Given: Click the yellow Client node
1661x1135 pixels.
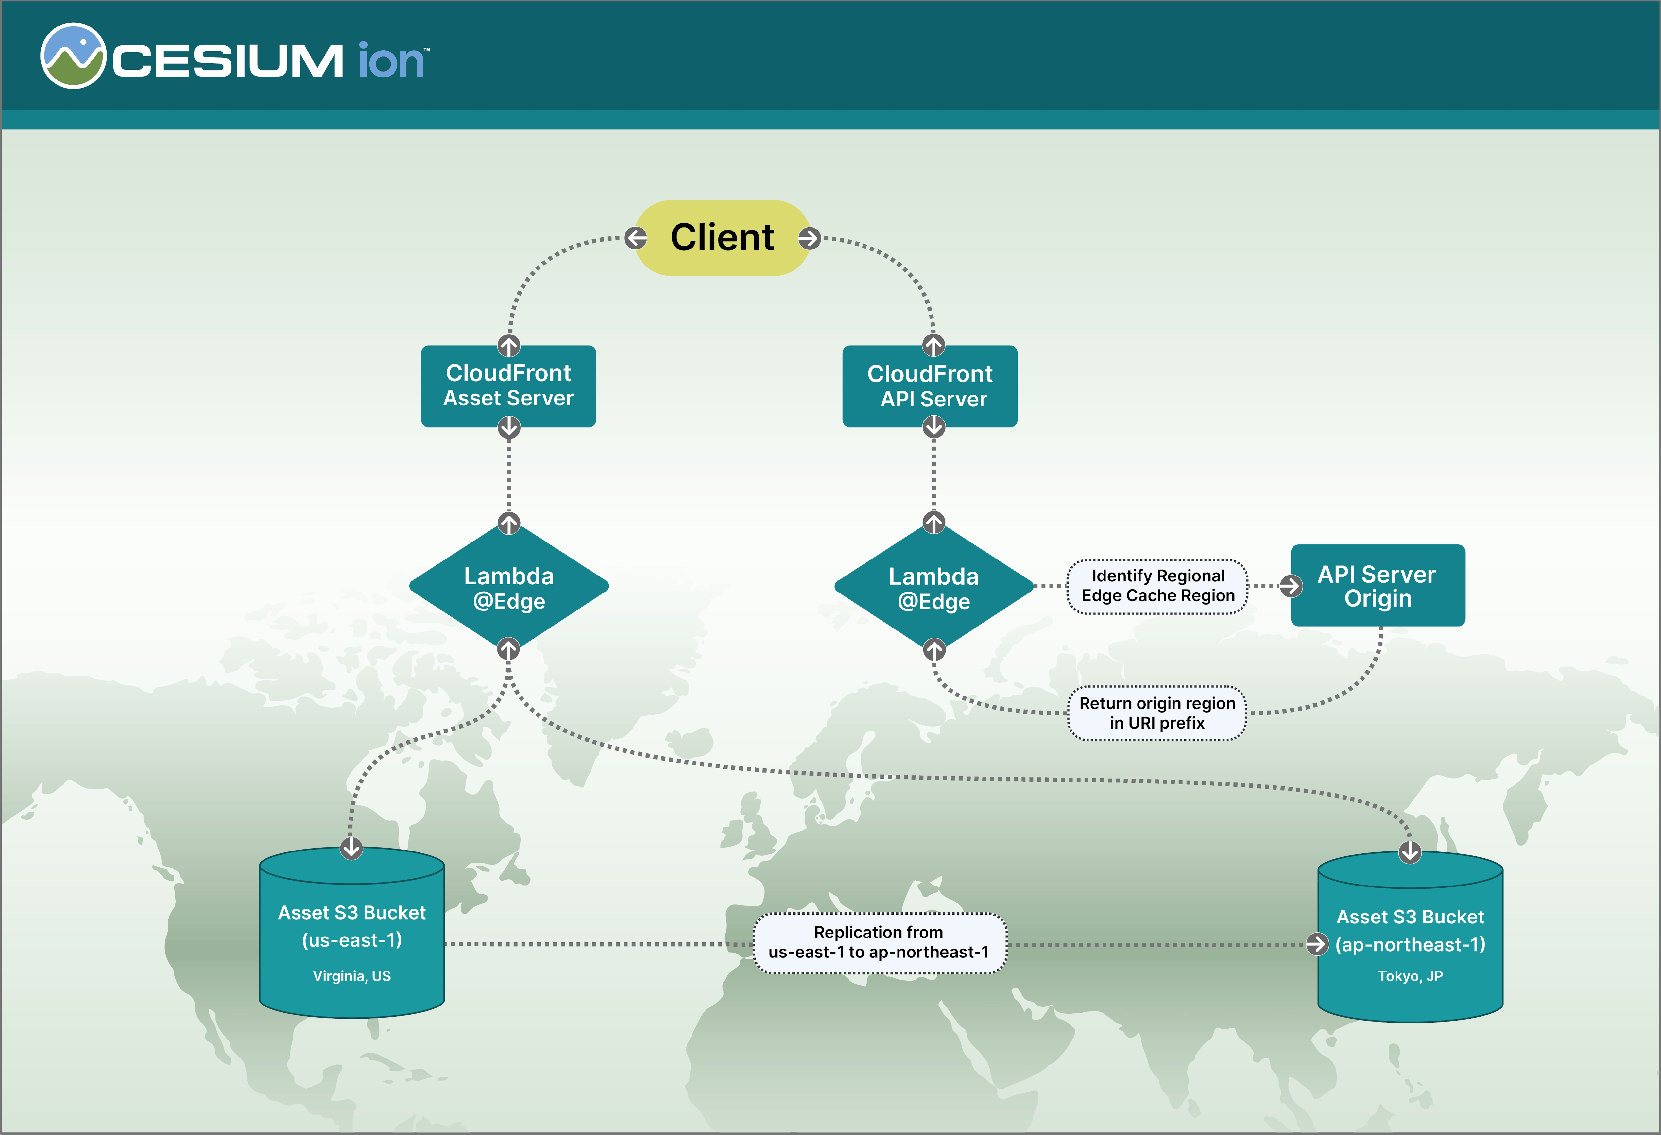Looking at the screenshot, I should (x=722, y=238).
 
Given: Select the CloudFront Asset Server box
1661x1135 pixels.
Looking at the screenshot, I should (x=508, y=386).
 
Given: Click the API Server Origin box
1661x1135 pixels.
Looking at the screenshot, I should (x=1377, y=585).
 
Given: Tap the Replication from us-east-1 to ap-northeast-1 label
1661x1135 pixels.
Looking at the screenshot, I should (x=879, y=943).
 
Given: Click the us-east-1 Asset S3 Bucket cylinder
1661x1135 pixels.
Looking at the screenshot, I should (x=351, y=936).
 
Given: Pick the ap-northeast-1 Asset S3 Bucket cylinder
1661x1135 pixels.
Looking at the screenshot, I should (x=1410, y=940).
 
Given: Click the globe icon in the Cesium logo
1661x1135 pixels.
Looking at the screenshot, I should (x=73, y=56).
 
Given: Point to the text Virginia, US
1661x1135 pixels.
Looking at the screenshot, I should (x=351, y=976).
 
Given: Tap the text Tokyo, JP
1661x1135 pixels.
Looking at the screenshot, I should (x=1410, y=976).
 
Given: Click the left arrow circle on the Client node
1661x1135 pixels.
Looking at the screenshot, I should (x=635, y=238).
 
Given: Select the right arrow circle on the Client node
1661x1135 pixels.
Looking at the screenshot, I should (x=809, y=238).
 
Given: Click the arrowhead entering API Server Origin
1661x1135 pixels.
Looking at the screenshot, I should (x=1290, y=586).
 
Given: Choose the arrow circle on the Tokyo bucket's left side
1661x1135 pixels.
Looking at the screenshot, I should (x=1316, y=944).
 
